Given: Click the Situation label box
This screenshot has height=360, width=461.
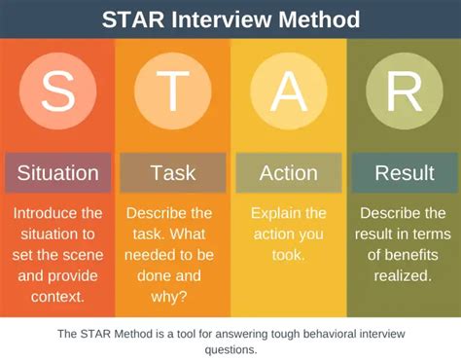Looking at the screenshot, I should pos(57,173).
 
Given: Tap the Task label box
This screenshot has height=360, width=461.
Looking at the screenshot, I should pos(173,173).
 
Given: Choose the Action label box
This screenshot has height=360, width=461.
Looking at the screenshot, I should pos(289,173).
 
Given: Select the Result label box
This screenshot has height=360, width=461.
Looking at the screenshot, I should pos(404,173).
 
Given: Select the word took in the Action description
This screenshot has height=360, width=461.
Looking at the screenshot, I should pos(289,254).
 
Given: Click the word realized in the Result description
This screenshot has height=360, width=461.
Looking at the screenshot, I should pos(404,274).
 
